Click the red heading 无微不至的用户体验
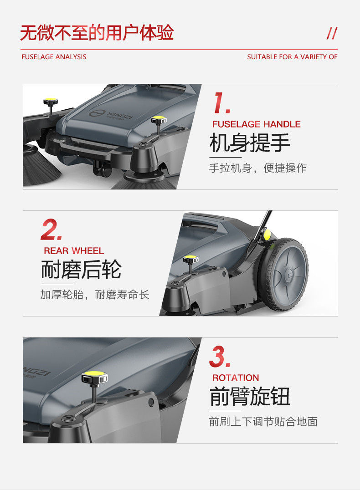(x=97, y=32)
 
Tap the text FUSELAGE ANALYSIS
(x=54, y=57)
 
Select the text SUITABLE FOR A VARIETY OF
(x=292, y=57)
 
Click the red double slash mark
(x=332, y=33)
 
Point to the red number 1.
(x=221, y=102)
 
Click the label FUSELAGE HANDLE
(x=257, y=124)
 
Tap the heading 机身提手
(x=250, y=143)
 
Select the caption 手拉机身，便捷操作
(x=258, y=168)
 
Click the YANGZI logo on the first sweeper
(x=111, y=115)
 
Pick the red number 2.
(x=51, y=230)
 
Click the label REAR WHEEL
(x=74, y=251)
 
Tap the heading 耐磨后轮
(x=81, y=270)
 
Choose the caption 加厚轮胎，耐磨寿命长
(x=95, y=295)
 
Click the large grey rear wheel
(x=283, y=275)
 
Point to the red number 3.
(x=220, y=357)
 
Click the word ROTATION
(x=236, y=378)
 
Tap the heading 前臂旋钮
(x=250, y=396)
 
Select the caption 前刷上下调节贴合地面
(x=263, y=422)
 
